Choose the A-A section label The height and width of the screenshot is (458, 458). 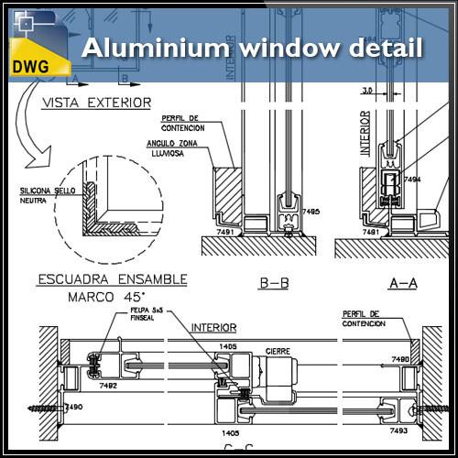pos(404,284)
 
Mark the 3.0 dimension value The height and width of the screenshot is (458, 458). pos(367,91)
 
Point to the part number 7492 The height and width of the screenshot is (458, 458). pos(108,386)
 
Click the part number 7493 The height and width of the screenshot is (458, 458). pos(398,430)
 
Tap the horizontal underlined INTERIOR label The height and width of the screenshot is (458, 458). pos(213,327)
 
